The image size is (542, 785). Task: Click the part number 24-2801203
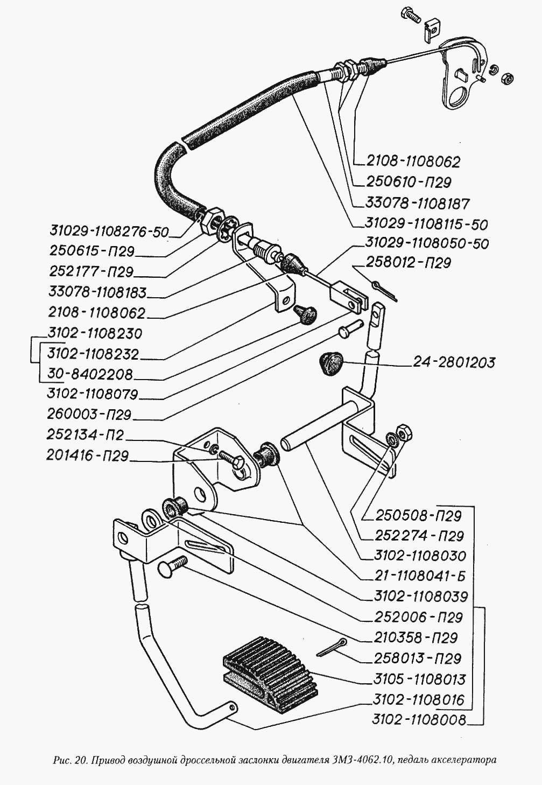(454, 362)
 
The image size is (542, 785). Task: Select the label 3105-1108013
(419, 679)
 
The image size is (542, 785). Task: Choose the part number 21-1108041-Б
(419, 576)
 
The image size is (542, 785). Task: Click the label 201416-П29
(87, 455)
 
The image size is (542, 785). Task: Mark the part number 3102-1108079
(92, 394)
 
